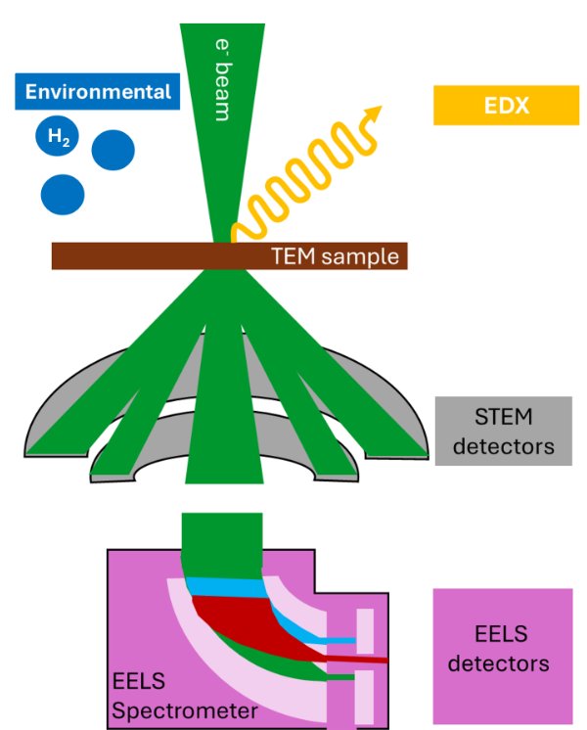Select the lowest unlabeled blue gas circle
pyautogui.click(x=63, y=193)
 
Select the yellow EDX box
pyautogui.click(x=502, y=106)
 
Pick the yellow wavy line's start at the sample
pyautogui.click(x=235, y=235)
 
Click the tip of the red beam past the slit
pyautogui.click(x=385, y=661)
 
